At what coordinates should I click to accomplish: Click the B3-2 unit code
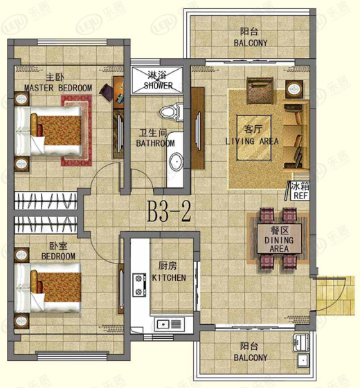tap(169, 212)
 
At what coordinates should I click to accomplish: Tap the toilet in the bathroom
tap(172, 112)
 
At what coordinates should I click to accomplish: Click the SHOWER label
tap(158, 86)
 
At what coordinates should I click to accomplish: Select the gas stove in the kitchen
tap(139, 284)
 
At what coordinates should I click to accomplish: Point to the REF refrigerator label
tap(300, 196)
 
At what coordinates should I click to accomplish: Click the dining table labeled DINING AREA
tap(279, 239)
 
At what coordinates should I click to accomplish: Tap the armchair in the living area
tap(260, 90)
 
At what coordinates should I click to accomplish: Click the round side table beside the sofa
tap(294, 89)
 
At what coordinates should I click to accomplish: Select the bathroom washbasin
tap(176, 161)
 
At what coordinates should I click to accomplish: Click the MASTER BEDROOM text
tap(58, 88)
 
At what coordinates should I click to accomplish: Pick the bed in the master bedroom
tap(48, 131)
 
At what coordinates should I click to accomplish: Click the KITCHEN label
tap(169, 277)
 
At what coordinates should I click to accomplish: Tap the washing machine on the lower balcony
tap(301, 342)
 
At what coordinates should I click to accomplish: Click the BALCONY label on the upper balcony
tap(251, 43)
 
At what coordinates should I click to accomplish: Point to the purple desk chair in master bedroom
tap(107, 92)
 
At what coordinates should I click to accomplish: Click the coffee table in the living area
tap(253, 138)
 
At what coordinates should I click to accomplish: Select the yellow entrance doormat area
tap(336, 295)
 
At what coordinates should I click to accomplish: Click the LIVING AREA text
tap(252, 141)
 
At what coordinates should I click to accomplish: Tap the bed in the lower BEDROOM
tap(48, 288)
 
